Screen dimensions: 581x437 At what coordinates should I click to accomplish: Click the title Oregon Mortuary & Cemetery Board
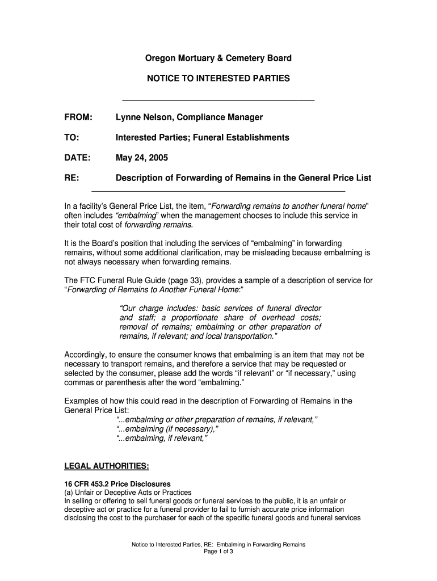218,58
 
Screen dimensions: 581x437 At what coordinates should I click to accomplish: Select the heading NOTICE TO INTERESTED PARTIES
218,78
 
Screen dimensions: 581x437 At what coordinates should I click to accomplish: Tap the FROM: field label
78,117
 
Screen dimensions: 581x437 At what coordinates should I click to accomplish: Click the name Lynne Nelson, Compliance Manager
189,117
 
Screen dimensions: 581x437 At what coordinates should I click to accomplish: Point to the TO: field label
72,138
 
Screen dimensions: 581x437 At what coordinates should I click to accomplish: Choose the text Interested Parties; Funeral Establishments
203,138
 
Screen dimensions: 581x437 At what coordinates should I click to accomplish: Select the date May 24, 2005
142,158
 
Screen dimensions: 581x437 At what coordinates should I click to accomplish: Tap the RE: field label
72,178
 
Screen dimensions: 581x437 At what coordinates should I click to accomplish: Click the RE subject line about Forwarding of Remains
243,178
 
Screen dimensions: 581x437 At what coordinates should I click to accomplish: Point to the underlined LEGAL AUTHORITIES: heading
107,466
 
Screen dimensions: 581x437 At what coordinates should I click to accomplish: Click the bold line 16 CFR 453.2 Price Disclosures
117,484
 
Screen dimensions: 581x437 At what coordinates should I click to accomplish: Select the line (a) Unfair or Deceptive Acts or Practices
128,492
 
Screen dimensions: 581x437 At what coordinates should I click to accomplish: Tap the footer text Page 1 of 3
218,552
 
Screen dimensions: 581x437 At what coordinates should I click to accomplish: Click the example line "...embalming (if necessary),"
167,429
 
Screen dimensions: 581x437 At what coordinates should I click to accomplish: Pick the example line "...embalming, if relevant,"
162,439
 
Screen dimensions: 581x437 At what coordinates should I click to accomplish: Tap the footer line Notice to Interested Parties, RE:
218,545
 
